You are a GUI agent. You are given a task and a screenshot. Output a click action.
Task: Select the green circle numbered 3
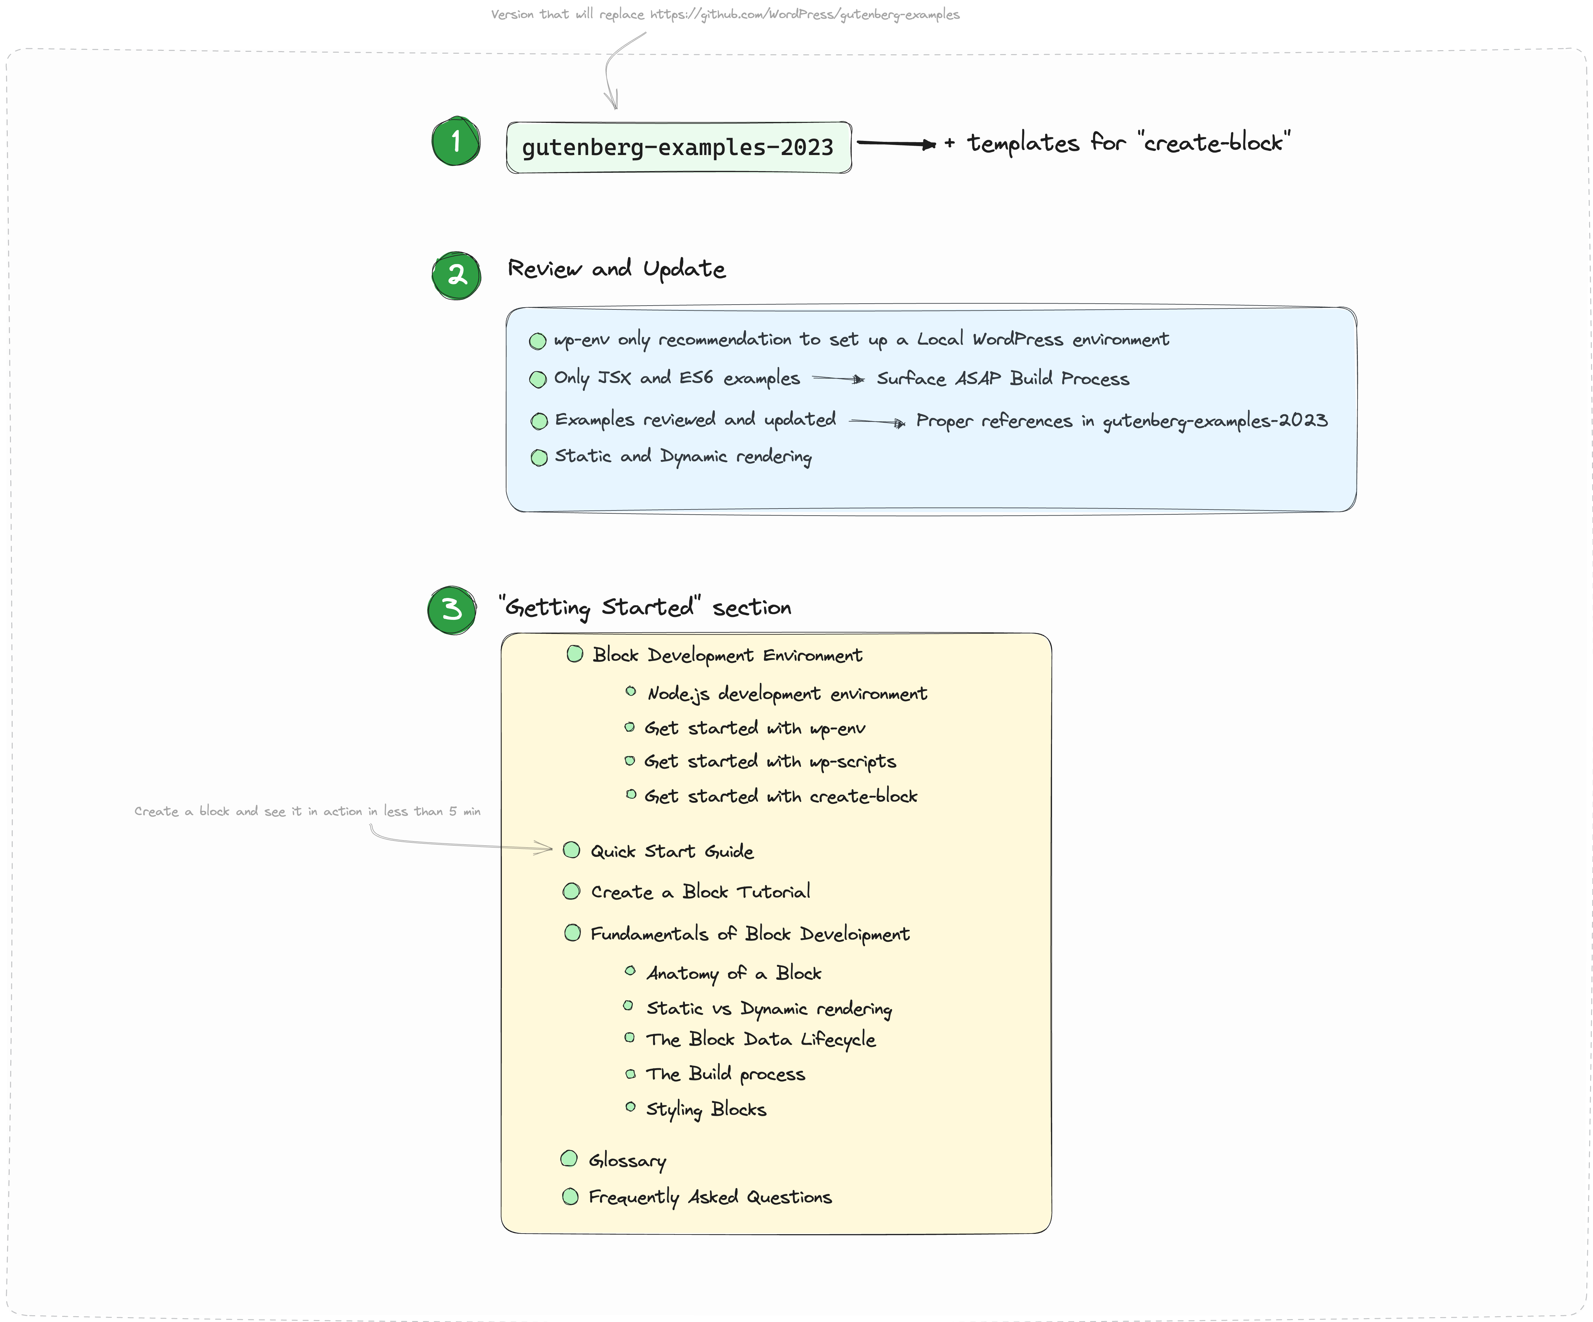(452, 610)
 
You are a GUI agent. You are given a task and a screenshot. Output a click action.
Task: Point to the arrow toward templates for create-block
(895, 143)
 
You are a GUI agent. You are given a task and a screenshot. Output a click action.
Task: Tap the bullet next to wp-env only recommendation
(538, 341)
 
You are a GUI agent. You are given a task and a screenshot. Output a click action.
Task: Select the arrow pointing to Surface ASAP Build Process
(837, 379)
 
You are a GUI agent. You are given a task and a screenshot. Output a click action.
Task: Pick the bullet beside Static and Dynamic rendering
(539, 457)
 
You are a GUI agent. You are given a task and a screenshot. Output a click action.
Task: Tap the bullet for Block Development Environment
(575, 654)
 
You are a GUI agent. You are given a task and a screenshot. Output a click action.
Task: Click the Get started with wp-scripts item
(770, 761)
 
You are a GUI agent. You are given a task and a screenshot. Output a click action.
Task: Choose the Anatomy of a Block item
(733, 973)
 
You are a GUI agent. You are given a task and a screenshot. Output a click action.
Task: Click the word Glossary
(627, 1161)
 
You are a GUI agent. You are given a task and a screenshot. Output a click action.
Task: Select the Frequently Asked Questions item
(710, 1197)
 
